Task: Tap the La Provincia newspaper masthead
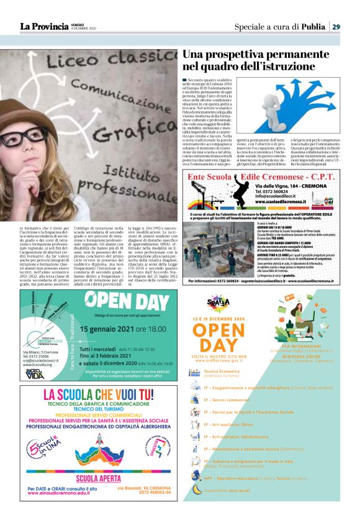click(x=43, y=27)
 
